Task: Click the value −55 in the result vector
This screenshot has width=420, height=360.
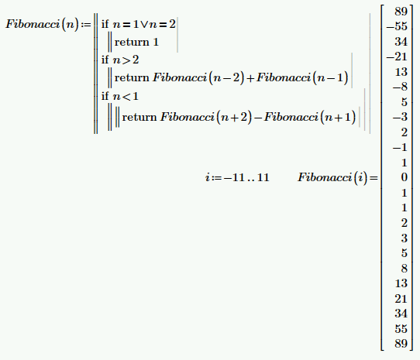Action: (397, 26)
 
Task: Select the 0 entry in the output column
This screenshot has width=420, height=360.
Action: (405, 177)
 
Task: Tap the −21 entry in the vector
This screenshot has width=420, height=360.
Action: (397, 57)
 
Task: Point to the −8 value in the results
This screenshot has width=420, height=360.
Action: (400, 87)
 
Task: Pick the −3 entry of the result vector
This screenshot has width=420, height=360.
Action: (400, 117)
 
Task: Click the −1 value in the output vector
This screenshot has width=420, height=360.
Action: (400, 147)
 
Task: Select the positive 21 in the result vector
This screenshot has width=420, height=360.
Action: (401, 298)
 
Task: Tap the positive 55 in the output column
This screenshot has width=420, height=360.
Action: (401, 329)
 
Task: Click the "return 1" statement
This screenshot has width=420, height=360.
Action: (136, 42)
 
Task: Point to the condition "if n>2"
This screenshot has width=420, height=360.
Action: (120, 60)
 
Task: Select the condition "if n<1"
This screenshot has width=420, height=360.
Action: (120, 96)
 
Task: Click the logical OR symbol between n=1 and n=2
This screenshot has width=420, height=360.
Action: (144, 25)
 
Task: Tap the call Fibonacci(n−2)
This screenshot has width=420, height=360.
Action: (198, 78)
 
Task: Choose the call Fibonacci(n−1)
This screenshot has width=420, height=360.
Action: (302, 78)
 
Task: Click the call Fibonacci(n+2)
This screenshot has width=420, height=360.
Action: (206, 117)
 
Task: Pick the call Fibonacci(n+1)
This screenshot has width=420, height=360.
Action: (310, 117)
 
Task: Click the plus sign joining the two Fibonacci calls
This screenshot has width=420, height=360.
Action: (250, 78)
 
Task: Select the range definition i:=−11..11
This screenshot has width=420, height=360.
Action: (237, 177)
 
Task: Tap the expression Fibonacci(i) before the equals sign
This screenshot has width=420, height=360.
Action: (332, 177)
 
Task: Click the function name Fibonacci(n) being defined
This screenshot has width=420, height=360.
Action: (43, 24)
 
